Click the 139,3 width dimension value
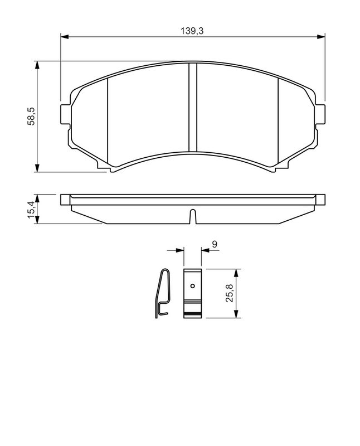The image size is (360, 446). pos(192,32)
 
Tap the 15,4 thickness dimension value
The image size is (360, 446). pos(33,209)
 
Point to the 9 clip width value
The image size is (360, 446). pos(215,243)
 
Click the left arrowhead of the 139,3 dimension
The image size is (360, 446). pos(64,37)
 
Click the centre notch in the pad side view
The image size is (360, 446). pos(192,216)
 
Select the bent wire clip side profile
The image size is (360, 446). pos(162,294)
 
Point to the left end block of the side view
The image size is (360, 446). pos(65,200)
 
